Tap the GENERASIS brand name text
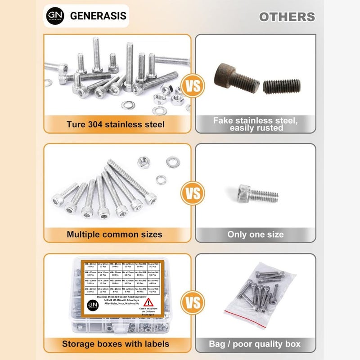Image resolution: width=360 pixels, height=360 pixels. click(98, 16)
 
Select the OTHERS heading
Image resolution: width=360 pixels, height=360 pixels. click(287, 17)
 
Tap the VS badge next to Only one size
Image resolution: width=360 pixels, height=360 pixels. click(193, 194)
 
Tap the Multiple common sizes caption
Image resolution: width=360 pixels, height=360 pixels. click(115, 234)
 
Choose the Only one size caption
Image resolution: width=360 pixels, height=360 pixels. click(255, 234)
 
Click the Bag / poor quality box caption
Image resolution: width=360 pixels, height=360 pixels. click(255, 344)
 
